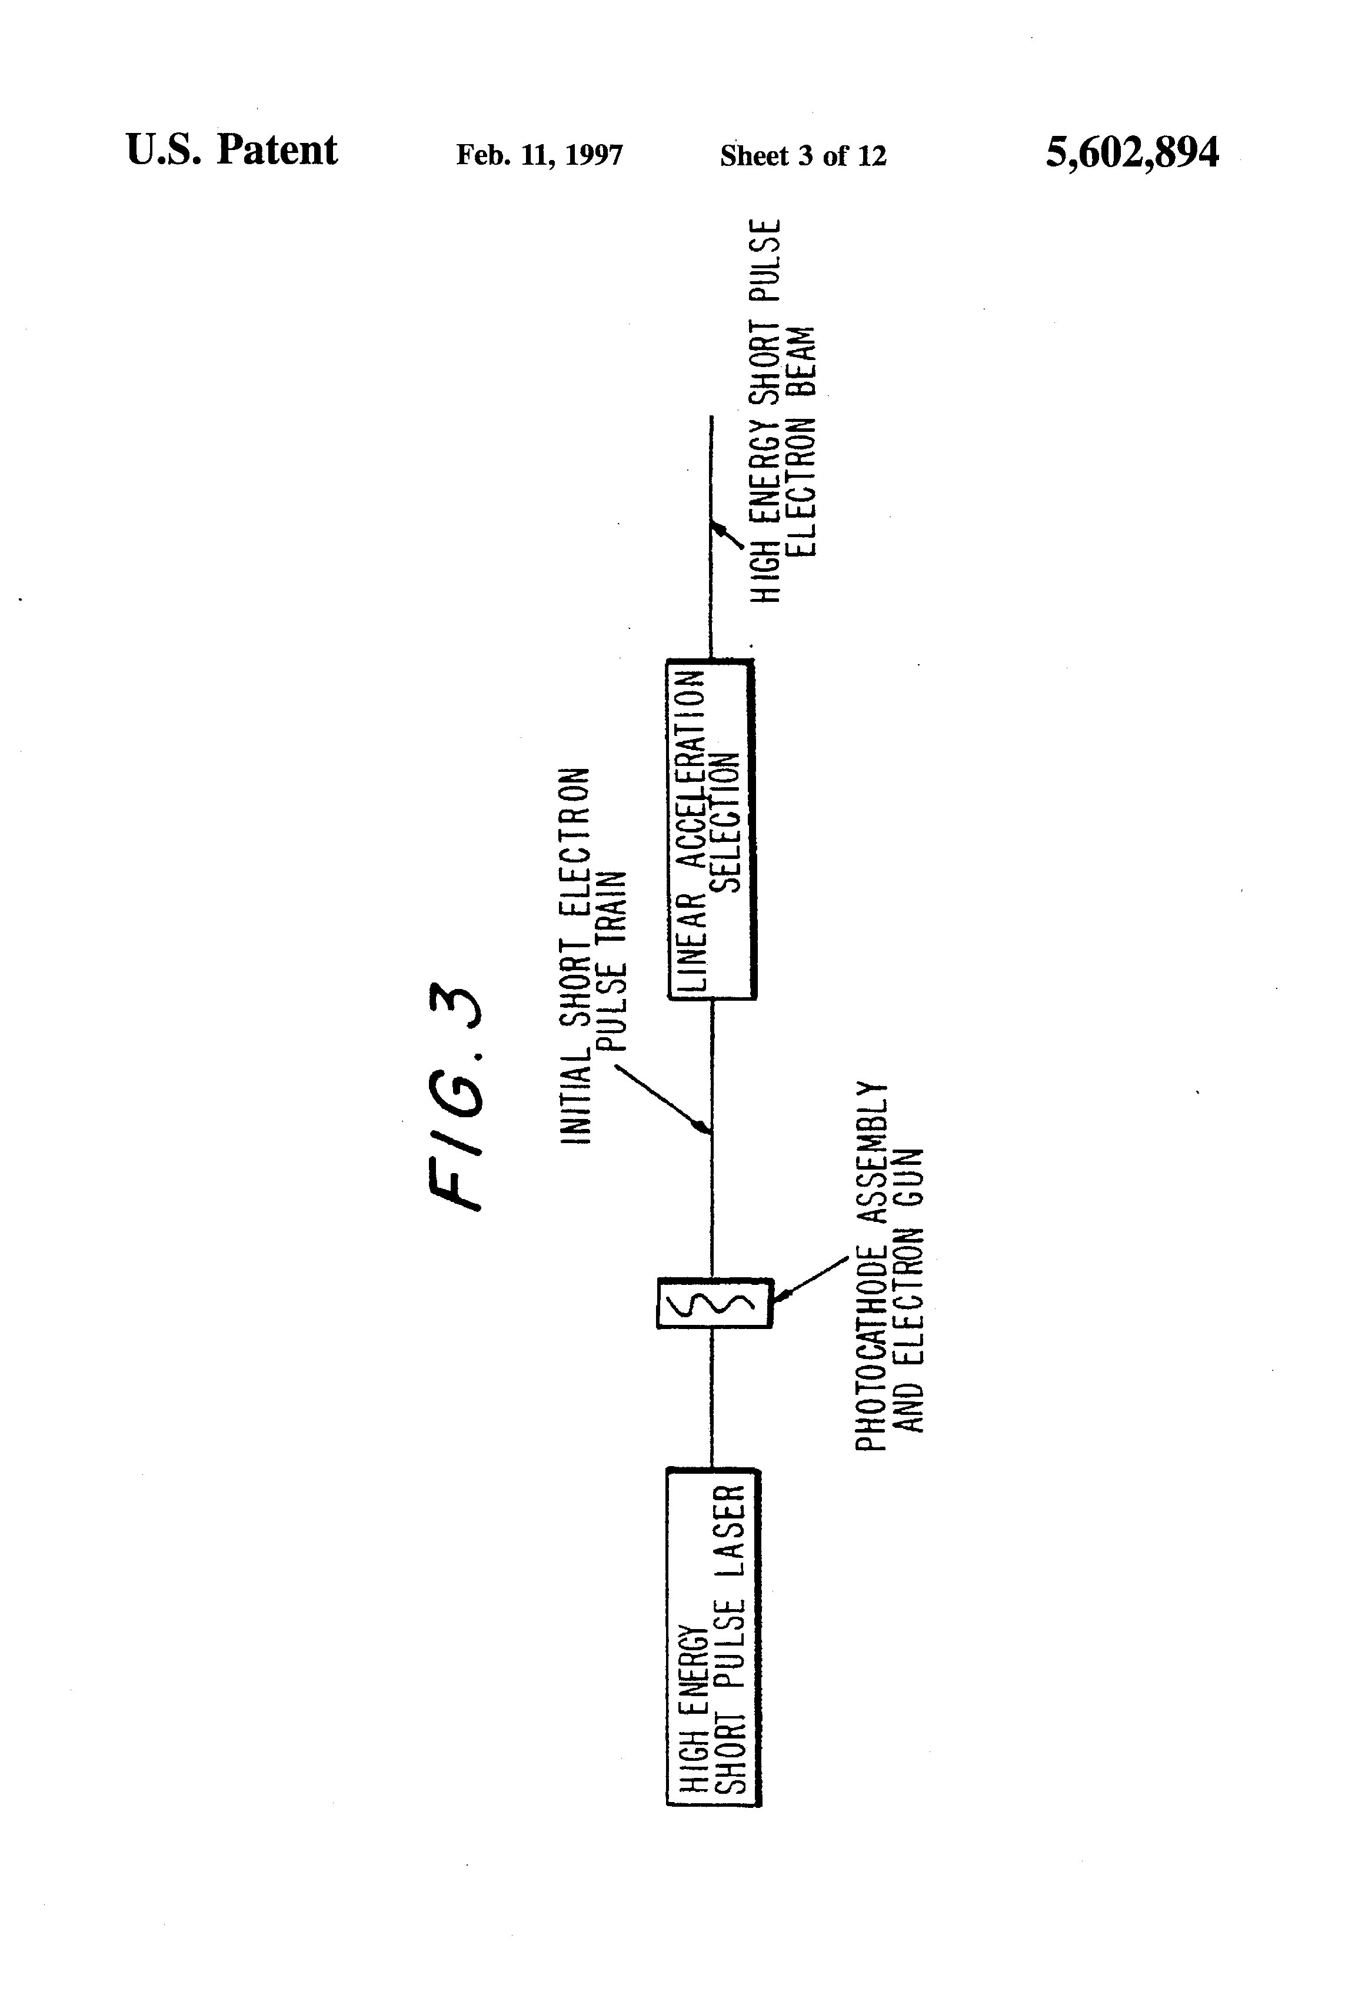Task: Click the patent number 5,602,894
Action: (1131, 154)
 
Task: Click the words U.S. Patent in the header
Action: (231, 150)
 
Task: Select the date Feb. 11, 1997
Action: (540, 155)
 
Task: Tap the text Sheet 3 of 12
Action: (803, 155)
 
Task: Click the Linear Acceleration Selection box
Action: (712, 829)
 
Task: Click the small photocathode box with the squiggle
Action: (714, 1303)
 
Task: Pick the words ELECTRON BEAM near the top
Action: (803, 440)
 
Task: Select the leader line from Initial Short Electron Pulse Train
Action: (660, 1097)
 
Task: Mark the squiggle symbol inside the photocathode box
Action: (714, 1303)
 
